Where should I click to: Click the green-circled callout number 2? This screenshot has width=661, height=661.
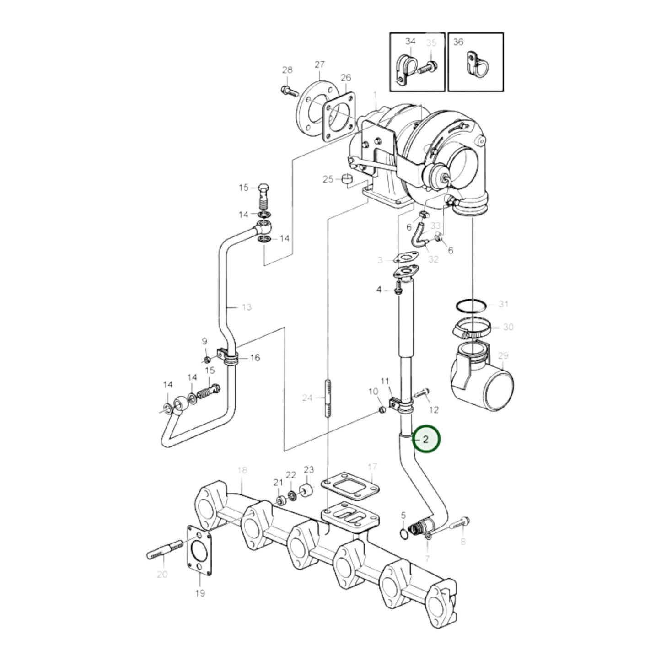pyautogui.click(x=426, y=440)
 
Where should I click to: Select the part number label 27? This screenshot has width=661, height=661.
pyautogui.click(x=319, y=64)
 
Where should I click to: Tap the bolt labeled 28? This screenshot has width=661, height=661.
pyautogui.click(x=288, y=90)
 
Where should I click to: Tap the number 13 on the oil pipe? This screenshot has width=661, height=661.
pyautogui.click(x=246, y=307)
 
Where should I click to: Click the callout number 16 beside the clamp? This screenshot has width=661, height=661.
pyautogui.click(x=255, y=357)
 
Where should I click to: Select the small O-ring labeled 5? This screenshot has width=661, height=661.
pyautogui.click(x=403, y=533)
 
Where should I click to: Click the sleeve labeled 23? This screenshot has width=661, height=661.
pyautogui.click(x=306, y=492)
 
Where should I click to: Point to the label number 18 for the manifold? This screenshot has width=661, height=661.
pyautogui.click(x=242, y=470)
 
